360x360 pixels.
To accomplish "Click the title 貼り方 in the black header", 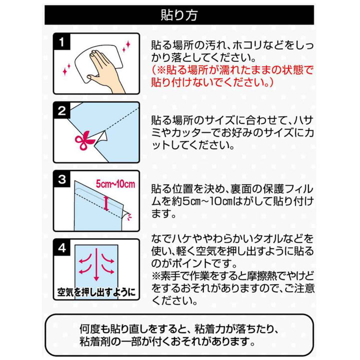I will click(x=179, y=14).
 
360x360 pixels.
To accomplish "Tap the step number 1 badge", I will click(x=62, y=43).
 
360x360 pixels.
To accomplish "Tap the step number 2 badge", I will click(x=62, y=111).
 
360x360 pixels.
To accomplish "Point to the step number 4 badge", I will click(x=62, y=247).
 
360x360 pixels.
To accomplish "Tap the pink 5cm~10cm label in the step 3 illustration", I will click(x=116, y=184).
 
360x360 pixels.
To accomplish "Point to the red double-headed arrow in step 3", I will click(x=106, y=201).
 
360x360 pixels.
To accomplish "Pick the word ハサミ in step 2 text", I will click(x=302, y=121).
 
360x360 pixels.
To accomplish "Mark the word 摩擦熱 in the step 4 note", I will click(x=265, y=275).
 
